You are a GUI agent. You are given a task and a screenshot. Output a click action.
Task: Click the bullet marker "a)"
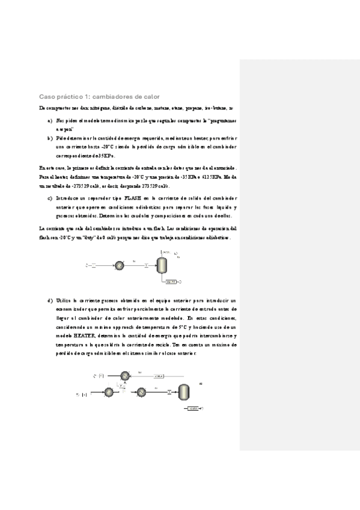[x=50, y=120]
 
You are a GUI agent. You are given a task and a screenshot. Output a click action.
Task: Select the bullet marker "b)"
[x=50, y=138]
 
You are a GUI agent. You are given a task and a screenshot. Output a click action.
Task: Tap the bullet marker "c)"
[x=50, y=197]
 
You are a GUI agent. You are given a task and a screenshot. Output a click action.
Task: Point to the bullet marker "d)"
[x=50, y=300]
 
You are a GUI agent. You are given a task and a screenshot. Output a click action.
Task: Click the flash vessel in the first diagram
[x=162, y=264]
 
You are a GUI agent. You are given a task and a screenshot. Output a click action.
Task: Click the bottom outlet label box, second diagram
[x=194, y=408]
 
